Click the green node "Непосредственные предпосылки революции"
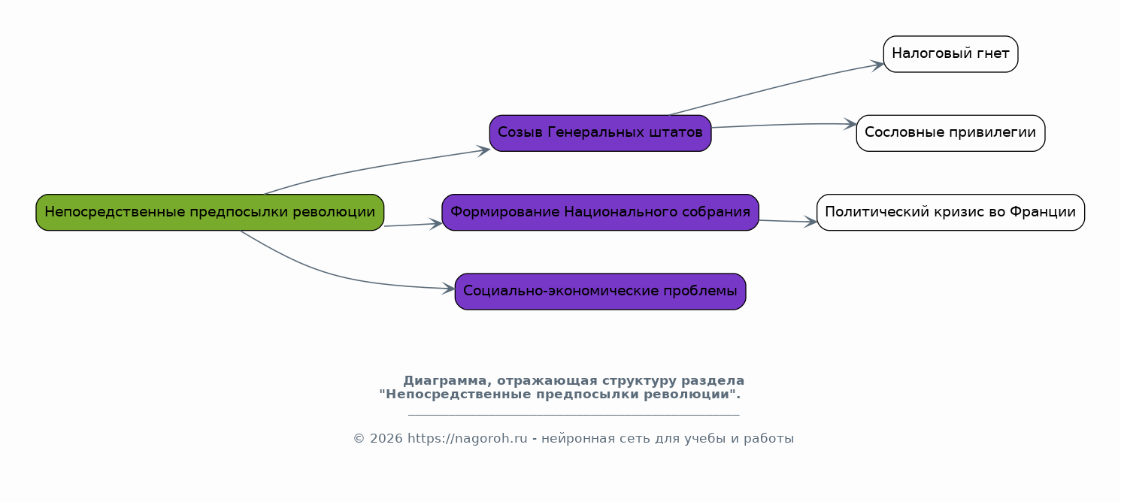[x=210, y=213]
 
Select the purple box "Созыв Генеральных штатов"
[x=600, y=134]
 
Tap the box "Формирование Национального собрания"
[x=600, y=213]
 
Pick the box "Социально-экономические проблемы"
[x=600, y=292]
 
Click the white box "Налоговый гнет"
[x=950, y=54]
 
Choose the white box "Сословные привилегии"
[x=950, y=134]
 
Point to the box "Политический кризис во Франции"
[x=950, y=213]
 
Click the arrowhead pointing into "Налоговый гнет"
[x=877, y=65]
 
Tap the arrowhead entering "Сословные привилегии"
[x=851, y=124]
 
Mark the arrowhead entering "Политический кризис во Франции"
[x=810, y=222]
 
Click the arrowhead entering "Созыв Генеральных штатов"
[x=483, y=150]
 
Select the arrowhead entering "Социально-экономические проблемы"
[x=449, y=289]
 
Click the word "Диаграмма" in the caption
[x=444, y=381]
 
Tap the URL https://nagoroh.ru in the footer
[x=468, y=439]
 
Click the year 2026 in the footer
[x=386, y=439]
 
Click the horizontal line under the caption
[x=574, y=415]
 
